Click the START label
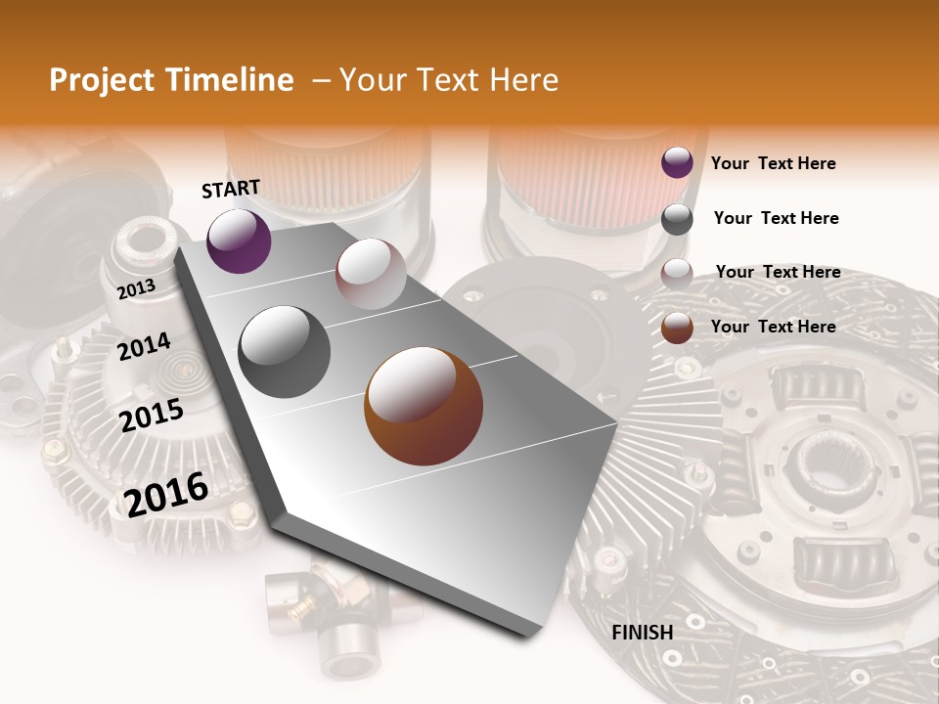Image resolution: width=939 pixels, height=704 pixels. (x=231, y=189)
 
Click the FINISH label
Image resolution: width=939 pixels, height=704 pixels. (x=643, y=633)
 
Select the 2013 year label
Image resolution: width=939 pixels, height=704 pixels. (x=136, y=288)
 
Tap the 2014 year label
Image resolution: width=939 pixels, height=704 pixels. (x=144, y=346)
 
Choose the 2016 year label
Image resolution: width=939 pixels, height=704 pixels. (x=166, y=494)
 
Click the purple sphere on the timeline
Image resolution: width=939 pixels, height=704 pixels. (x=239, y=241)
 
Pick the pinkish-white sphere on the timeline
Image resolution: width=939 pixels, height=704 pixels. (x=371, y=274)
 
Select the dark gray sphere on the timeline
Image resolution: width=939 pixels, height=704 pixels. (x=285, y=352)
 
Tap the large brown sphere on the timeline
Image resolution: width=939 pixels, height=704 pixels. (x=424, y=405)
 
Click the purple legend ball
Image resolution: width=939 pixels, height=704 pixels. (x=677, y=162)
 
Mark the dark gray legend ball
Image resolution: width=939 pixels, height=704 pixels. (x=677, y=219)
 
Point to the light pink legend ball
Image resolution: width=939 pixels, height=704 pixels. (x=677, y=274)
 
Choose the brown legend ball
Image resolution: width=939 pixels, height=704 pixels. (x=677, y=328)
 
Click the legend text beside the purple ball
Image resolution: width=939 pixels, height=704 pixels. (x=773, y=163)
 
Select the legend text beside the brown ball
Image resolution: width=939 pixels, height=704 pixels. (x=773, y=327)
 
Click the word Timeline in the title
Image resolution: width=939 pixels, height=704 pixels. (x=232, y=80)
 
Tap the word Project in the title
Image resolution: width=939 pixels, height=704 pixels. (x=102, y=80)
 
